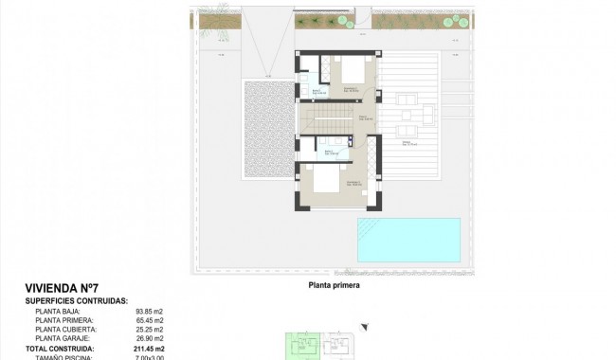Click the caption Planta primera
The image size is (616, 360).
tap(334, 282)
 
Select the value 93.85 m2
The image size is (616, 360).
tap(150, 311)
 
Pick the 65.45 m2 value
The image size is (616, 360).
tap(150, 320)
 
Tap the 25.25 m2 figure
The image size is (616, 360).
tap(150, 329)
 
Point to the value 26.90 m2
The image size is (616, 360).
tap(150, 338)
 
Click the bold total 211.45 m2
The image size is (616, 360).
tap(148, 348)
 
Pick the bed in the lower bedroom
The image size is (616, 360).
tap(322, 180)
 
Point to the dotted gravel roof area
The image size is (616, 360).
tap(269, 128)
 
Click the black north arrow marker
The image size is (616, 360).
tap(363, 328)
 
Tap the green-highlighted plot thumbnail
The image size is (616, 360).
tap(303, 345)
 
